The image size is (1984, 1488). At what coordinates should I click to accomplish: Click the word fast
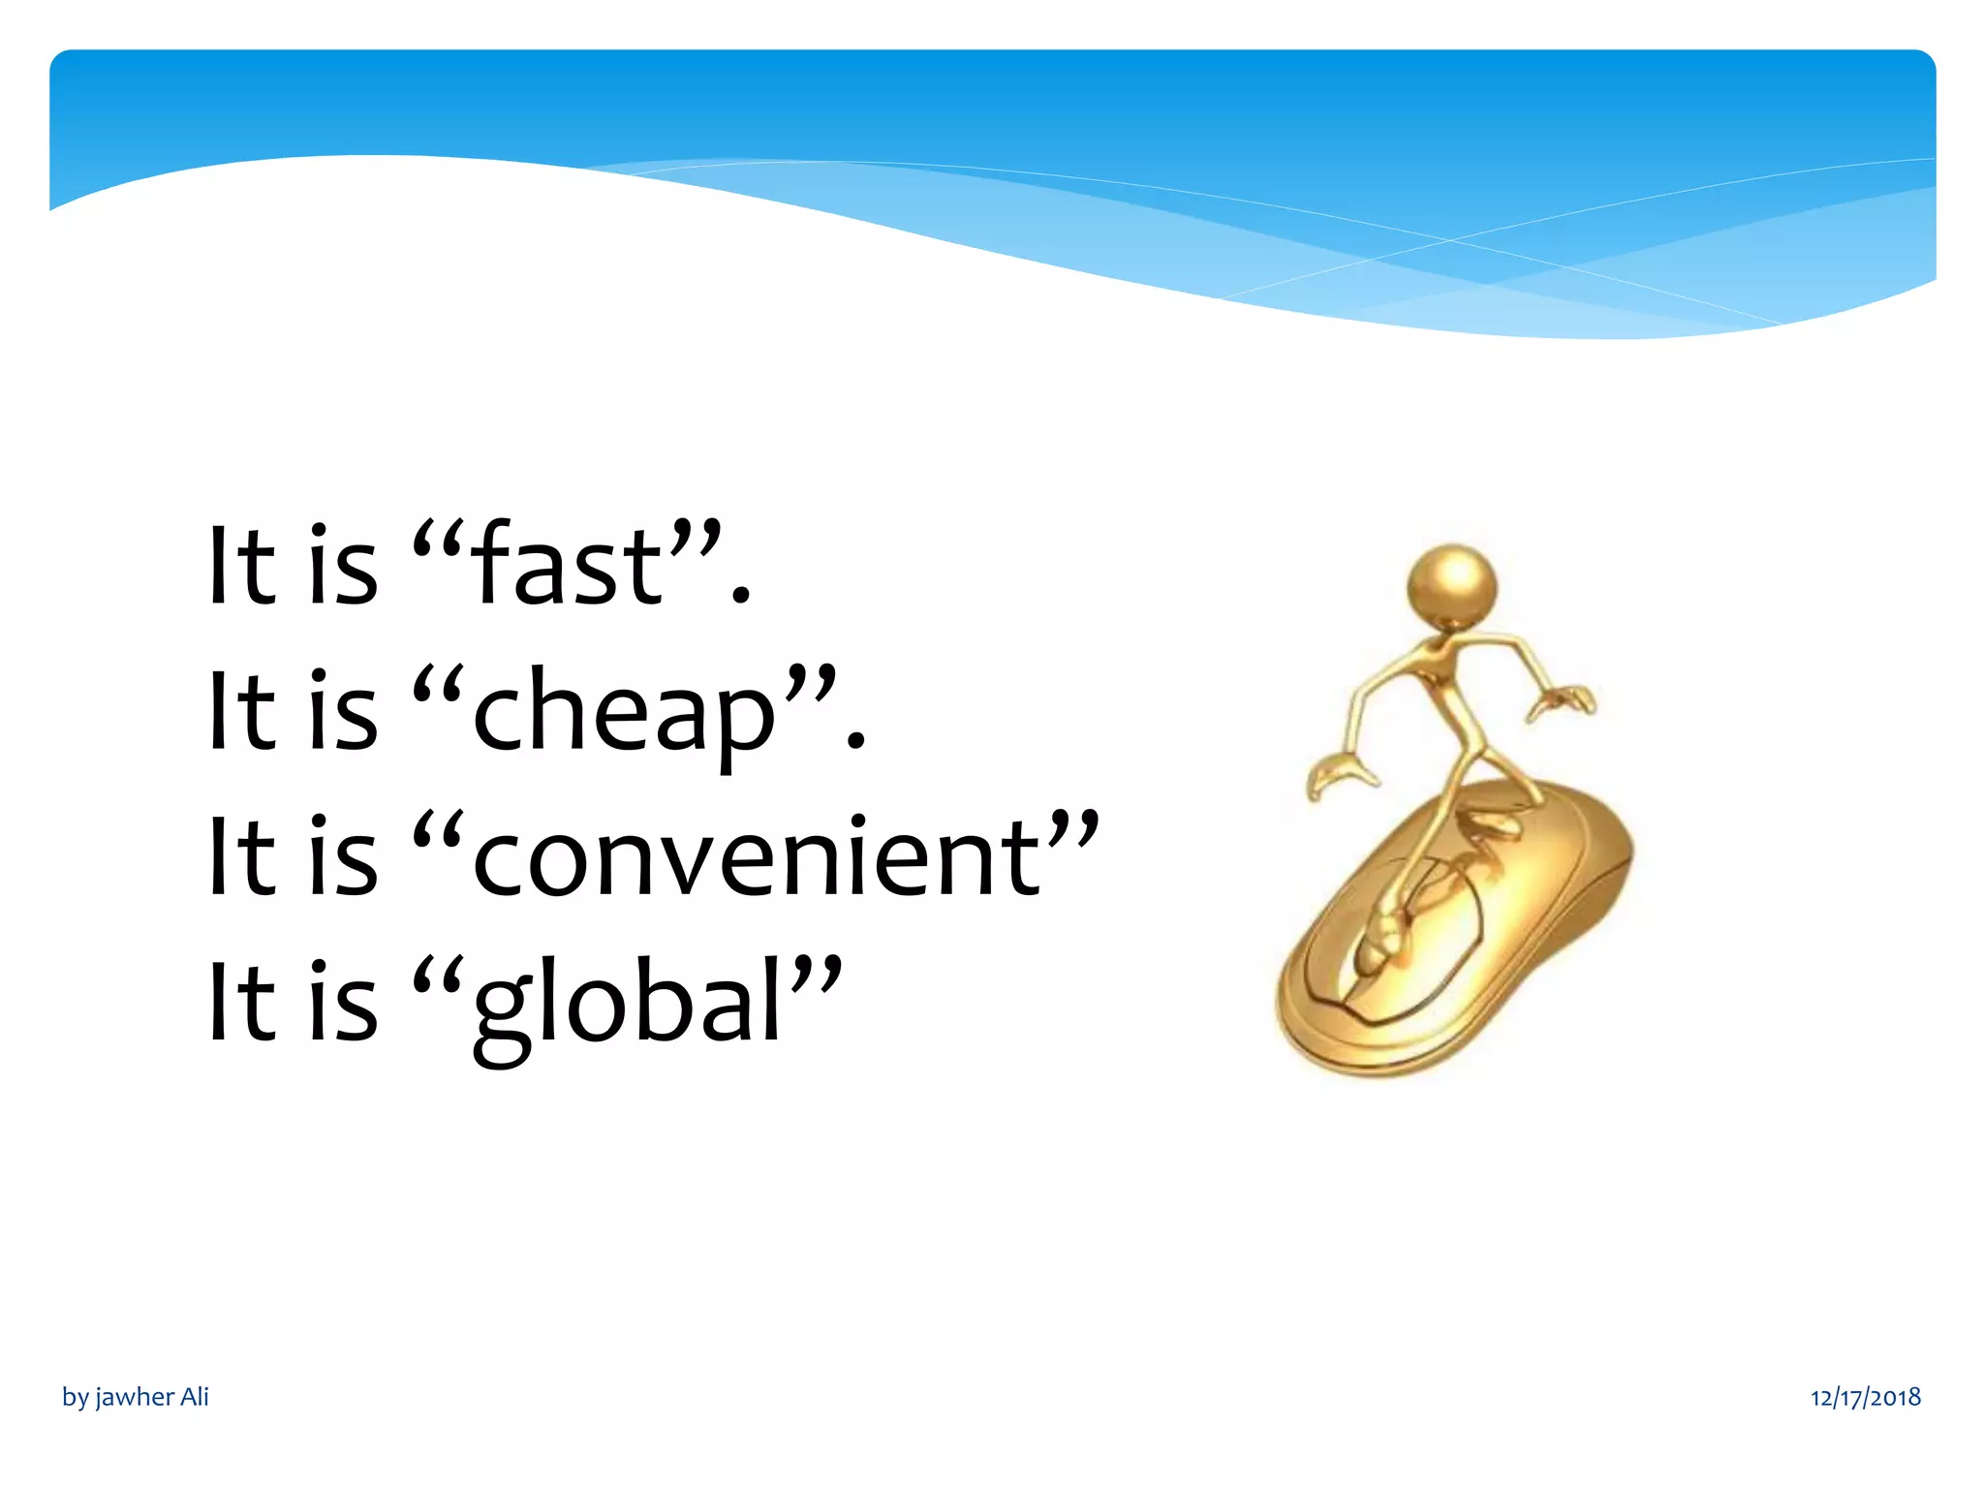click(570, 567)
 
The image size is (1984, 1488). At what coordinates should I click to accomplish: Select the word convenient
click(756, 857)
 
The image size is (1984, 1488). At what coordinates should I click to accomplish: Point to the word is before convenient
click(343, 857)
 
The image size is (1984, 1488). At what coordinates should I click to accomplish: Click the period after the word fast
click(741, 597)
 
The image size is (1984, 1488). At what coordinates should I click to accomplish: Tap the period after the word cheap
click(855, 742)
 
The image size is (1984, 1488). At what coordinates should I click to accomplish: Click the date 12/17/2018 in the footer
click(1866, 1397)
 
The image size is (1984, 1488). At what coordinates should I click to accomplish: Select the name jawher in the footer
click(135, 1397)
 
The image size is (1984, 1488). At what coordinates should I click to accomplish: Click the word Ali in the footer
click(195, 1396)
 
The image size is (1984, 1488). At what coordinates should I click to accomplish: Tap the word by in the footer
click(75, 1397)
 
